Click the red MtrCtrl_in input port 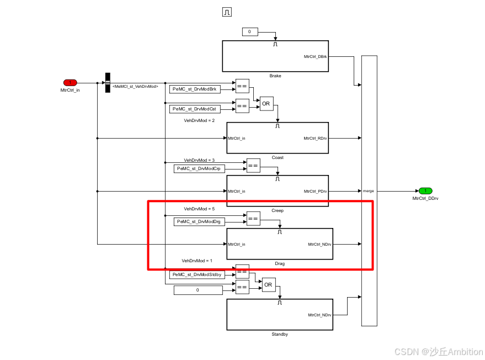[x=70, y=83]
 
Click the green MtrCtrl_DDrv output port [x=425, y=190]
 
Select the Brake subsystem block [x=275, y=56]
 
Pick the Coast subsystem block [x=277, y=137]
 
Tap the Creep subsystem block [x=277, y=190]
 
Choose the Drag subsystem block [x=280, y=243]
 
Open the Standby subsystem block [x=280, y=314]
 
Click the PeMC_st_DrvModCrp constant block [x=199, y=168]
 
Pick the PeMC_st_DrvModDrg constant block [x=199, y=221]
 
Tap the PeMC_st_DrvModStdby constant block [x=197, y=274]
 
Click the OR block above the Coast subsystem [x=267, y=104]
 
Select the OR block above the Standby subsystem [x=268, y=285]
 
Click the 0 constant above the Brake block [x=249, y=32]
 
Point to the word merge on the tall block [x=368, y=191]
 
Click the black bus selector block [x=108, y=83]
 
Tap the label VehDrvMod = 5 [x=199, y=209]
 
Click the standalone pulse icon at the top [x=227, y=12]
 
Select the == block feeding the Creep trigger [x=253, y=165]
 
